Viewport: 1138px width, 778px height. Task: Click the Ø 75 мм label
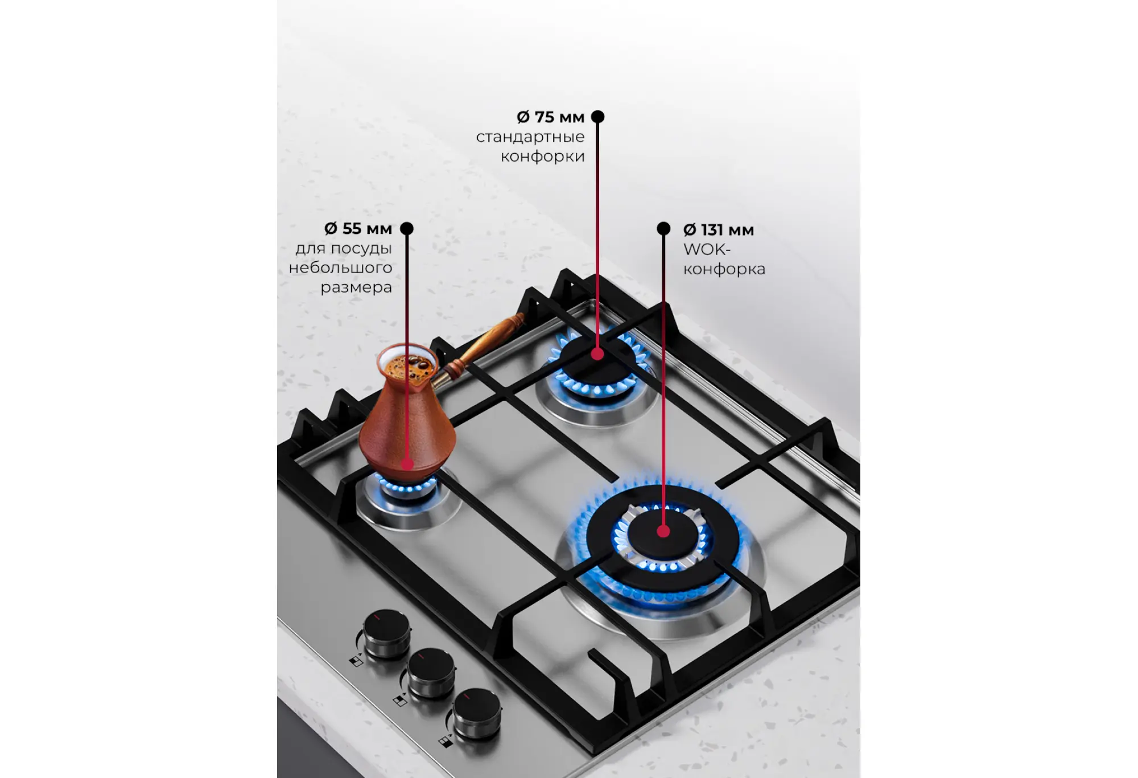[550, 117]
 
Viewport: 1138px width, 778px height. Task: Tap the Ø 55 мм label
[358, 229]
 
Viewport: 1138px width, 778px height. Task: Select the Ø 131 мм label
[719, 230]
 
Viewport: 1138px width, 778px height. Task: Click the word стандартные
[530, 137]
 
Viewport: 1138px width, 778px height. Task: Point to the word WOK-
[707, 249]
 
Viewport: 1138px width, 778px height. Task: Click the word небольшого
[340, 267]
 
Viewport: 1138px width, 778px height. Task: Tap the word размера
[356, 287]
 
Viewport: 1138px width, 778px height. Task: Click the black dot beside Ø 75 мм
[597, 117]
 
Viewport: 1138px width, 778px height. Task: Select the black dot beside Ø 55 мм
[406, 228]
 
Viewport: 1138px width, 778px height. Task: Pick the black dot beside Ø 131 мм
[663, 228]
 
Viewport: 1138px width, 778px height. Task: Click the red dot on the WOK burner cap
[663, 532]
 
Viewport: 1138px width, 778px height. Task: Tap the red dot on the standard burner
[597, 354]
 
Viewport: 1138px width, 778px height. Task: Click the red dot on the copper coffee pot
[407, 464]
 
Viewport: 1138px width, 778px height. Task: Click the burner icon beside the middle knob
[400, 701]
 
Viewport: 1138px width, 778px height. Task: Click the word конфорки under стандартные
[542, 157]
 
